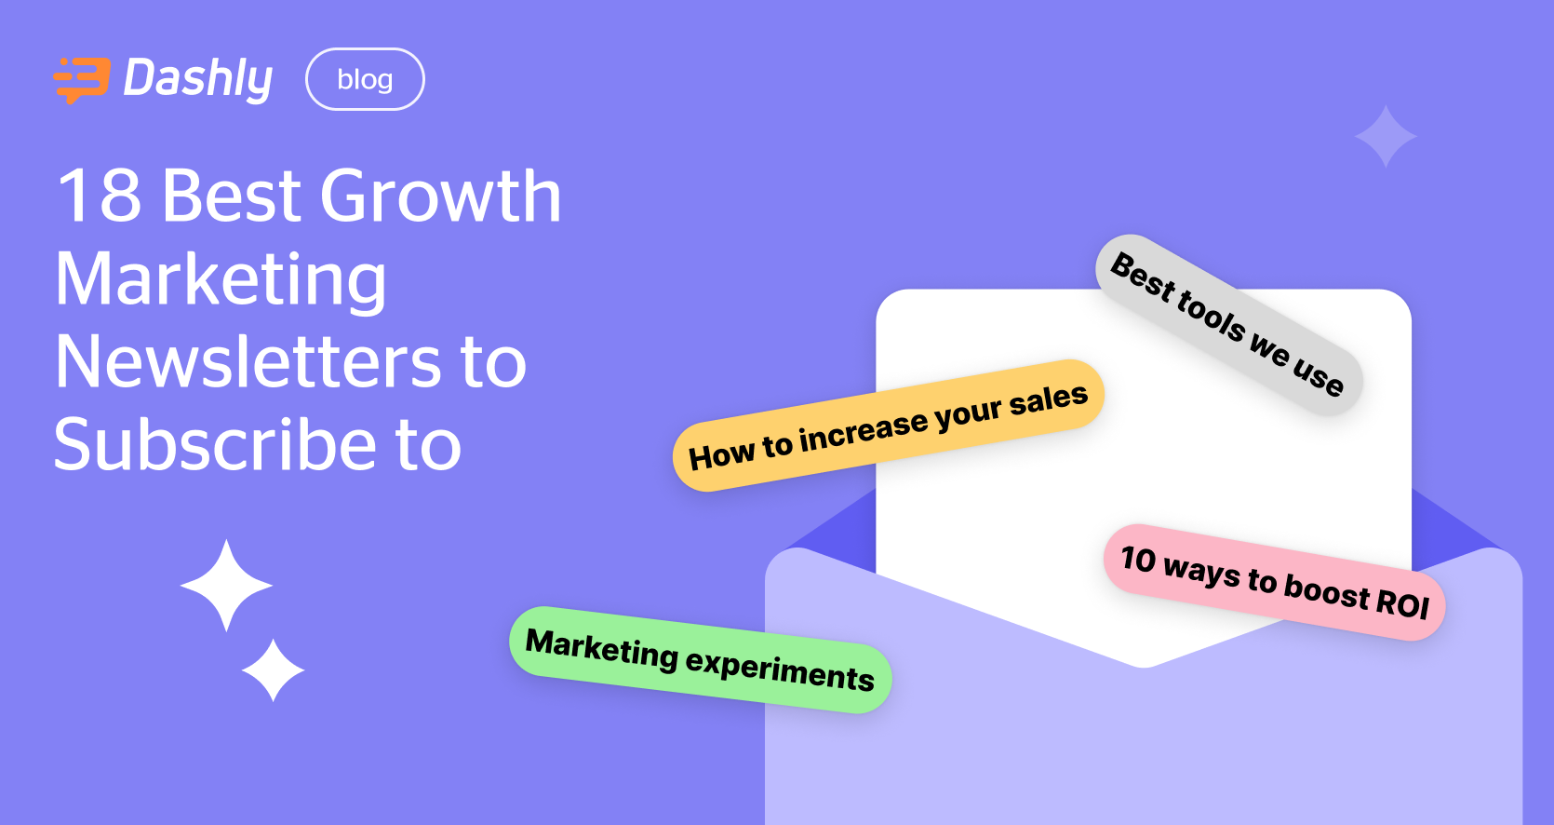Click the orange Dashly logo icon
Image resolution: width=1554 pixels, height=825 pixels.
[x=82, y=79]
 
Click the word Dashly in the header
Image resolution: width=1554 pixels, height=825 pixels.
[x=198, y=79]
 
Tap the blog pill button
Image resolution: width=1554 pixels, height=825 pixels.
[x=365, y=79]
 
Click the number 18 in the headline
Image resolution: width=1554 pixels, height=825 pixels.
[x=100, y=196]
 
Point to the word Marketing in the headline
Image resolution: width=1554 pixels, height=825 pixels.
[x=221, y=279]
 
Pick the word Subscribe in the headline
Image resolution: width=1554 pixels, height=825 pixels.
[x=215, y=444]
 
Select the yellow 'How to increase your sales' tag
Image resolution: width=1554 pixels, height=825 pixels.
[x=888, y=426]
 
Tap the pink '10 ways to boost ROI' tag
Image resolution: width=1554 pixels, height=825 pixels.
[x=1274, y=583]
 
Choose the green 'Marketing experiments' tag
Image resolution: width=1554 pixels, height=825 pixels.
[x=700, y=660]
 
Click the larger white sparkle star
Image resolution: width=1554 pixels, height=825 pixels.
[x=226, y=586]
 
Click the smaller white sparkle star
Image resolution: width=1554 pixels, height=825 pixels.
[x=273, y=669]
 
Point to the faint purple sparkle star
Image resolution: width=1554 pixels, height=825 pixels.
[x=1386, y=137]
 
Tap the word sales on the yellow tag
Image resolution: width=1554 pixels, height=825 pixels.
[x=1048, y=400]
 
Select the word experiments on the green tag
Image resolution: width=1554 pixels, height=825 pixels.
[x=780, y=669]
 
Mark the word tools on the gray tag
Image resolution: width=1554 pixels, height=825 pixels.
[x=1212, y=313]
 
